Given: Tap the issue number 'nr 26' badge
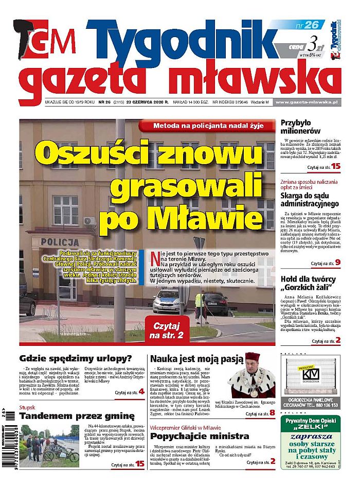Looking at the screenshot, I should point(307,24).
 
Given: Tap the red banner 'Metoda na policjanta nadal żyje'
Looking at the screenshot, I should point(208,126).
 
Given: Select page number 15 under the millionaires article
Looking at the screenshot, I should point(336,167).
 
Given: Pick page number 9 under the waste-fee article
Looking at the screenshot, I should point(337,263).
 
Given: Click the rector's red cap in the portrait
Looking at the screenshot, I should point(252,356).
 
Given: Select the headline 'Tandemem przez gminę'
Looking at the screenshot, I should point(77,415).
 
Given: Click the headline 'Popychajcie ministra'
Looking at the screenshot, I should point(193,437).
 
